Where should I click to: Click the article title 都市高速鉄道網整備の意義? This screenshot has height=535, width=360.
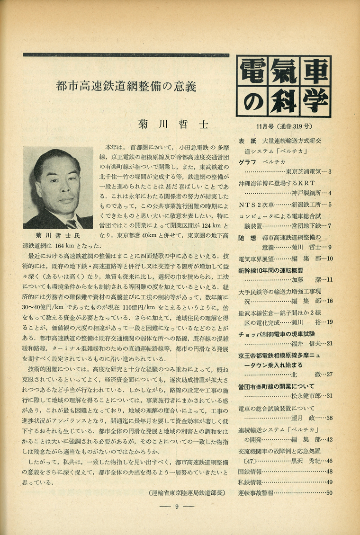click(125, 87)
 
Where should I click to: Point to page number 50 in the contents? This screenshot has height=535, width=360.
click(330, 492)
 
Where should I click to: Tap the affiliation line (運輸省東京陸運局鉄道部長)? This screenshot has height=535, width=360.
click(187, 492)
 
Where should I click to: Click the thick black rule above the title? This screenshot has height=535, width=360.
click(126, 55)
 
